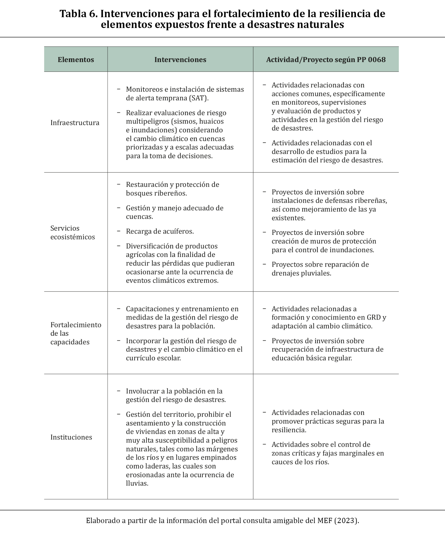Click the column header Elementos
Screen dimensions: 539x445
tap(76, 60)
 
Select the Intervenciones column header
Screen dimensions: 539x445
tap(180, 60)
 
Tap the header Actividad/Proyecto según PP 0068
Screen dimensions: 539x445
tap(326, 60)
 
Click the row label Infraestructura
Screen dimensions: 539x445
tap(75, 123)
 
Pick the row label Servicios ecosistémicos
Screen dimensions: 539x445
tap(73, 232)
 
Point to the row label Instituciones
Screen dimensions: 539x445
tap(71, 437)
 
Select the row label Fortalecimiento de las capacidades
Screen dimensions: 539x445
tap(76, 333)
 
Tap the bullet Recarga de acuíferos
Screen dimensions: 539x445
tap(160, 231)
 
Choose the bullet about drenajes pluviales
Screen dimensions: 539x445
tap(320, 269)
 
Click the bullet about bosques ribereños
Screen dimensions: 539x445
tap(172, 189)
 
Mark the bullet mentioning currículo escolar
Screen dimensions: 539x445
tap(184, 349)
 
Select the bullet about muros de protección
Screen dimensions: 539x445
tap(323, 241)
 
